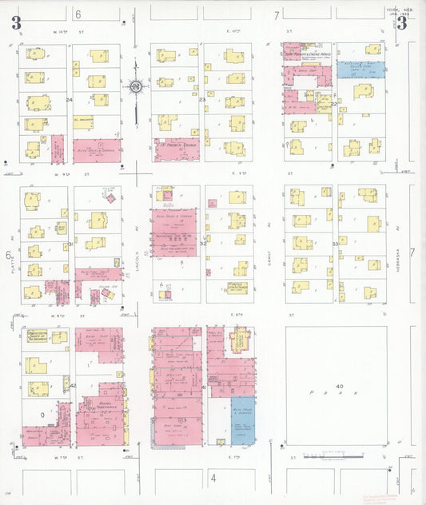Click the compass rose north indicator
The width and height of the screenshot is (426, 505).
(x=135, y=85)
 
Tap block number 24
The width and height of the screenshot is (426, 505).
(x=70, y=100)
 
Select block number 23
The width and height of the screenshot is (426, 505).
(x=201, y=99)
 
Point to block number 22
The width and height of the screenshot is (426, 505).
(x=333, y=104)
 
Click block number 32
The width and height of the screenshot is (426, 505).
(x=202, y=244)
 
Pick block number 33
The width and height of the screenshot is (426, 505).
(x=335, y=244)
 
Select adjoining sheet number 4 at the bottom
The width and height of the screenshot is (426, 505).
(x=213, y=479)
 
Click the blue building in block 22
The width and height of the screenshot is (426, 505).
(x=360, y=70)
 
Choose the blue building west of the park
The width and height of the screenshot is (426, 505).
(x=242, y=420)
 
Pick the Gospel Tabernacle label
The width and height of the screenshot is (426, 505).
(x=98, y=405)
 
